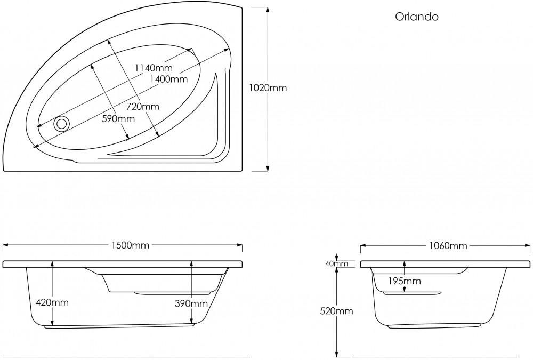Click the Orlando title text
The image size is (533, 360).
coord(416,17)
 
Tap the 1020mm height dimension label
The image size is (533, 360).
coord(268,88)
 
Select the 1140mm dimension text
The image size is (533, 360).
coord(154,68)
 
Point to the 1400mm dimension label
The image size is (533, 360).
coord(169,79)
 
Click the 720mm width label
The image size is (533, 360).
coord(143,107)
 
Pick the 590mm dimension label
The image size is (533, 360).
coord(118,119)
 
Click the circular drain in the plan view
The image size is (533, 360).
coord(61,123)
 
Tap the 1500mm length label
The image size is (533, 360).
coord(130,245)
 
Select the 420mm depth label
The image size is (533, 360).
coord(52,302)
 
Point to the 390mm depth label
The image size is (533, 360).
coord(191,303)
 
